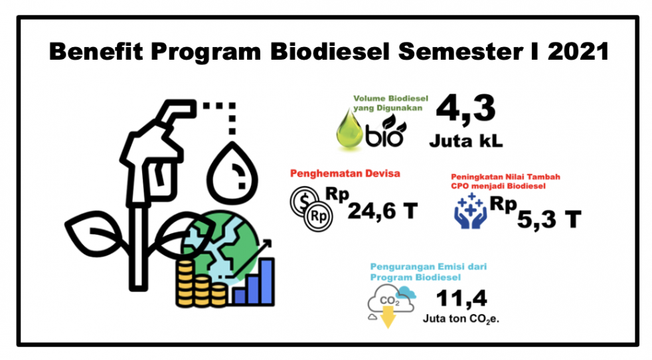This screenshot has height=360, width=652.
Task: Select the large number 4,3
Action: pyautogui.click(x=465, y=108)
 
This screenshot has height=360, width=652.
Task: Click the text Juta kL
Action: pyautogui.click(x=465, y=141)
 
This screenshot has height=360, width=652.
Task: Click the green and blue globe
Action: pyautogui.click(x=220, y=246)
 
